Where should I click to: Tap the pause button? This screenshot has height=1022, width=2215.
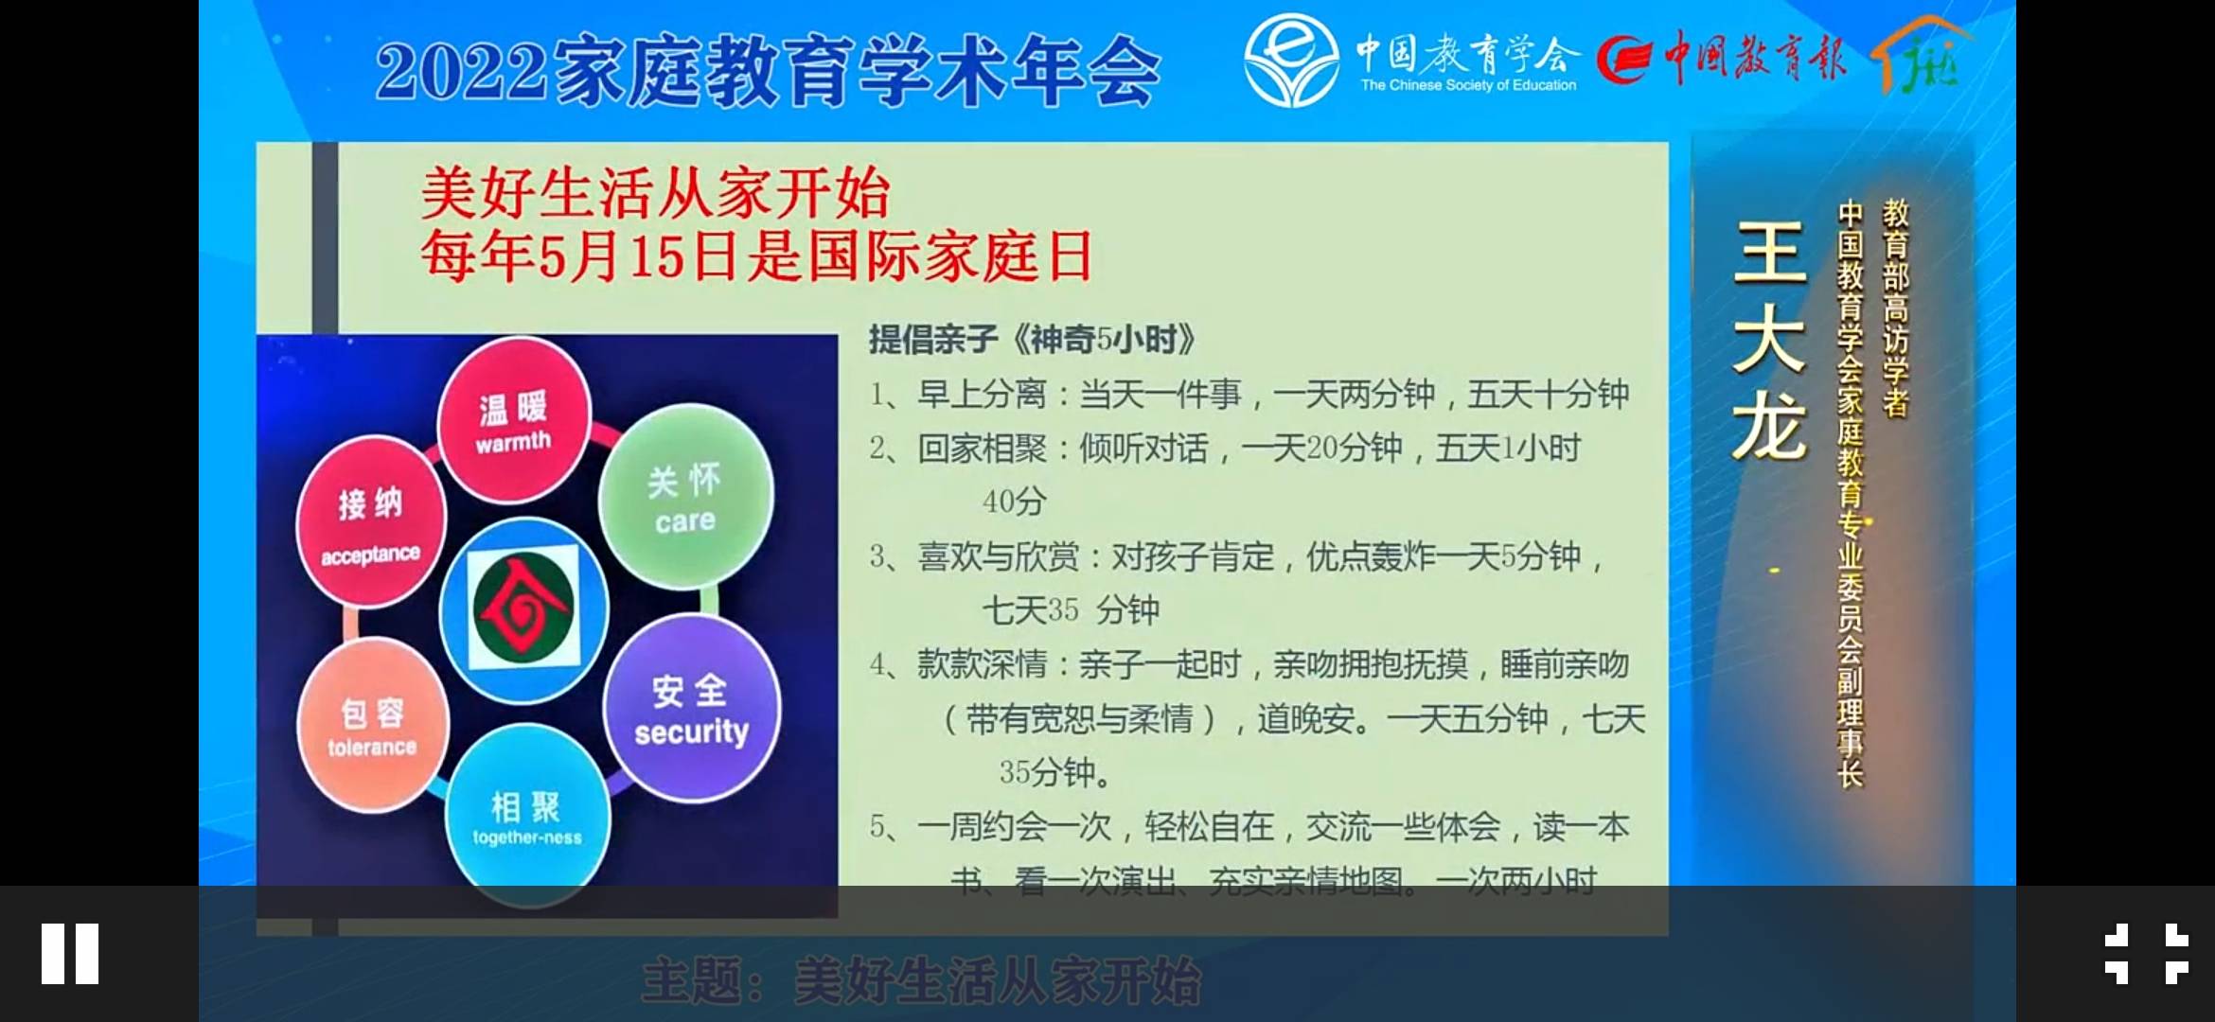[70, 953]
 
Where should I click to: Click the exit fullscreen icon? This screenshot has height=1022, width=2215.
[2146, 953]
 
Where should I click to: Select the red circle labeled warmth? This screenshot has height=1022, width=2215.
[514, 421]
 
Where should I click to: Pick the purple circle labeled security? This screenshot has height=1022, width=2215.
[691, 709]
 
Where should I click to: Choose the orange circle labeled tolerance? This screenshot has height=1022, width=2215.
[372, 726]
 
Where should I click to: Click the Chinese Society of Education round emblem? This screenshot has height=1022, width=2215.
[1291, 60]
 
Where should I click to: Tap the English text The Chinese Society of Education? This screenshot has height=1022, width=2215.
[1468, 85]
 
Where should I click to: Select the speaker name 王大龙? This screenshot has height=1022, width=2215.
[1769, 341]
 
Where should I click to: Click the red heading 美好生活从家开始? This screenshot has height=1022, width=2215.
[655, 193]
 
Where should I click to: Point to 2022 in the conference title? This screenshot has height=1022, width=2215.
[462, 72]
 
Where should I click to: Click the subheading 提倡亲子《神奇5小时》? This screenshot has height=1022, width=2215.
[1032, 339]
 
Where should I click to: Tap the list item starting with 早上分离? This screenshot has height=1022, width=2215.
[1249, 394]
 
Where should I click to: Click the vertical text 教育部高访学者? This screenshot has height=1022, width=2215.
[1895, 308]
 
